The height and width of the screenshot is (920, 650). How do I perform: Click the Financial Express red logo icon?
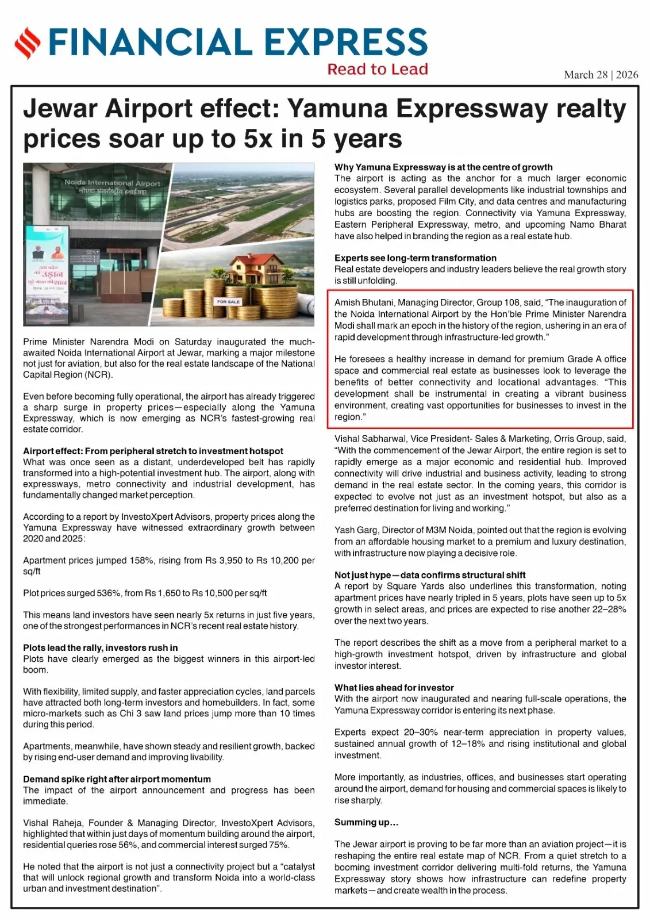pyautogui.click(x=28, y=43)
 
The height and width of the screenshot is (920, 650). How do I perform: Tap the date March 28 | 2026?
pyautogui.click(x=601, y=75)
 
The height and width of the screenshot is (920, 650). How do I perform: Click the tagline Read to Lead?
pyautogui.click(x=378, y=70)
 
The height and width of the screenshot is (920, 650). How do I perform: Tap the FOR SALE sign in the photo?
pyautogui.click(x=228, y=301)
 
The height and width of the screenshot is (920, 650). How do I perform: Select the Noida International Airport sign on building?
pyautogui.click(x=112, y=186)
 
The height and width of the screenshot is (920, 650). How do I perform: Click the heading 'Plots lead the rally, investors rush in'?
pyautogui.click(x=101, y=647)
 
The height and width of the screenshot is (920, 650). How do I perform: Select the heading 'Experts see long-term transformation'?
pyautogui.click(x=416, y=258)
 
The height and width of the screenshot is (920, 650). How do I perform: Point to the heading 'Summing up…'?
pyautogui.click(x=366, y=822)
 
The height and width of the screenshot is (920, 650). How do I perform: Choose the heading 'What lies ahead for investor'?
pyautogui.click(x=394, y=688)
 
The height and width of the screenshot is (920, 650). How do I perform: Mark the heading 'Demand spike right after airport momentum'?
pyautogui.click(x=117, y=779)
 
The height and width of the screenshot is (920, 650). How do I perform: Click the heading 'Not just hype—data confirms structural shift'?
pyautogui.click(x=430, y=575)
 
